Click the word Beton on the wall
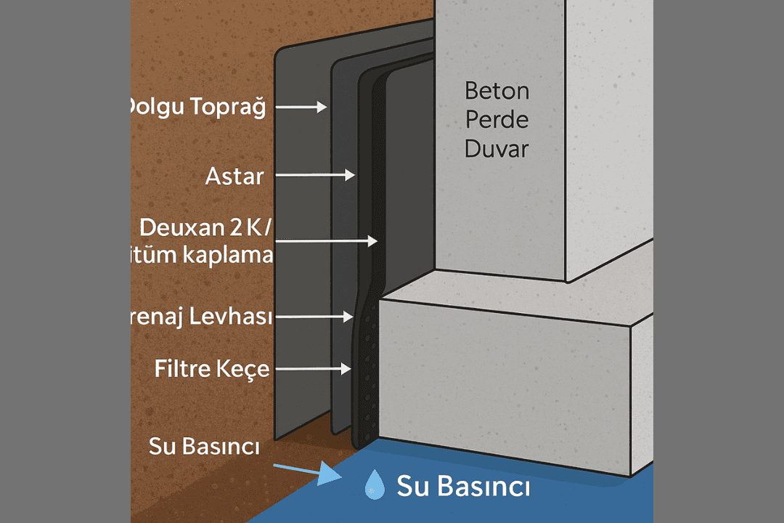tap(497, 92)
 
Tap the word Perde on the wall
tap(497, 120)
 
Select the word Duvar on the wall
tap(497, 149)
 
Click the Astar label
tap(234, 176)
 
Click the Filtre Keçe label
tap(212, 369)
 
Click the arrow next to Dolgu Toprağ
tap(302, 108)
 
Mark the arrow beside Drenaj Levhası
tap(312, 317)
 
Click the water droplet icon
tap(375, 485)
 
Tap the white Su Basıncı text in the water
tap(462, 487)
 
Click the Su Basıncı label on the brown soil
tap(204, 446)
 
